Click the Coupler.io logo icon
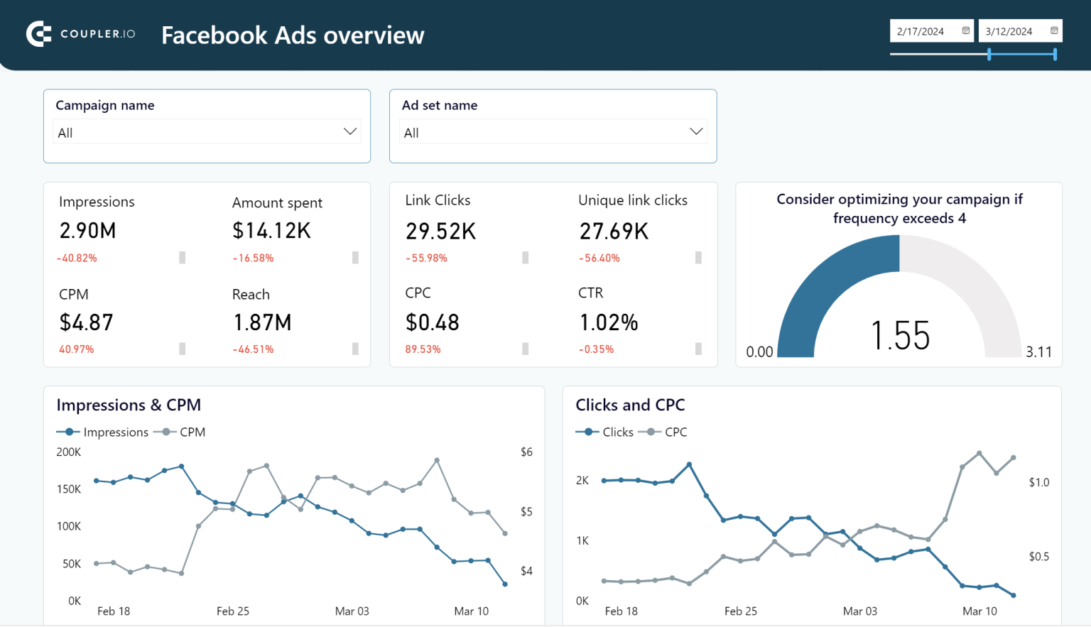point(39,34)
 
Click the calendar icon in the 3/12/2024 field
point(1054,31)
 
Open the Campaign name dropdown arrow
point(350,131)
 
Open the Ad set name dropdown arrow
point(696,131)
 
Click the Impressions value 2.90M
point(87,231)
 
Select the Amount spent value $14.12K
point(271,231)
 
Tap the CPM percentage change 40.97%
point(77,349)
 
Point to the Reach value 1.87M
point(262,323)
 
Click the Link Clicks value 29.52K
point(440,231)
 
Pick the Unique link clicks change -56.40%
point(599,258)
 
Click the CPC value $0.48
point(432,323)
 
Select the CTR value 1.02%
point(609,323)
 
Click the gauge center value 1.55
point(900,336)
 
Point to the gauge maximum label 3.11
point(1038,352)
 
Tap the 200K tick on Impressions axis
point(69,452)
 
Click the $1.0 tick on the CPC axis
point(1038,483)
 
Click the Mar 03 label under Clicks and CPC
point(859,611)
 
